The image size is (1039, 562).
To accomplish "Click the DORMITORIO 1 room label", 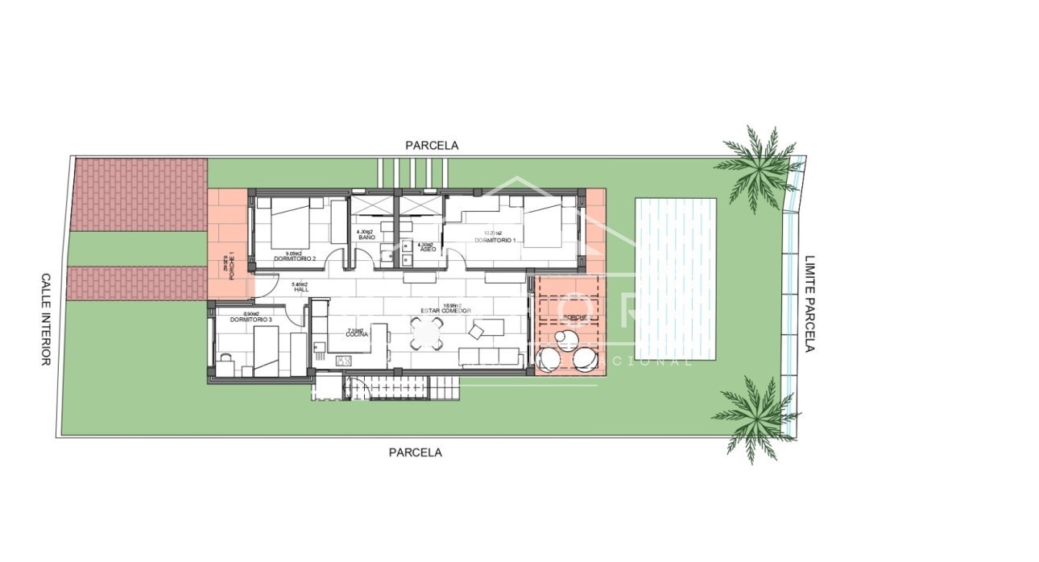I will tap(494, 241).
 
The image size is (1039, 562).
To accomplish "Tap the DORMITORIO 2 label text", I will tap(294, 258).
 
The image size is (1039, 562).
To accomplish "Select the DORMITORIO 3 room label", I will tap(250, 320).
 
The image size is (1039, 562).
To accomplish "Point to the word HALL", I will tap(301, 289).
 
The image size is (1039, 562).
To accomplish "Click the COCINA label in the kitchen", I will tap(357, 334).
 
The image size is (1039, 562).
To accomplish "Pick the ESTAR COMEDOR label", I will tap(445, 311).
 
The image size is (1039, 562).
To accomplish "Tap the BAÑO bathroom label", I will tap(367, 238).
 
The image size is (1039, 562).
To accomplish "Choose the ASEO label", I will tap(428, 250).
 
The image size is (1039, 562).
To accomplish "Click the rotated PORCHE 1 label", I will tap(231, 266).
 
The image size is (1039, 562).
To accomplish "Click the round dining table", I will tap(426, 333).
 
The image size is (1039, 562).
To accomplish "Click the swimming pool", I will tap(675, 279).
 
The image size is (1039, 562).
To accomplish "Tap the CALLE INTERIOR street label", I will tap(46, 319).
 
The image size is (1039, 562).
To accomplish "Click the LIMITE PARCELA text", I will tap(810, 304).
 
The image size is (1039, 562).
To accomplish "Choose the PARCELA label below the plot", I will tap(415, 452).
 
